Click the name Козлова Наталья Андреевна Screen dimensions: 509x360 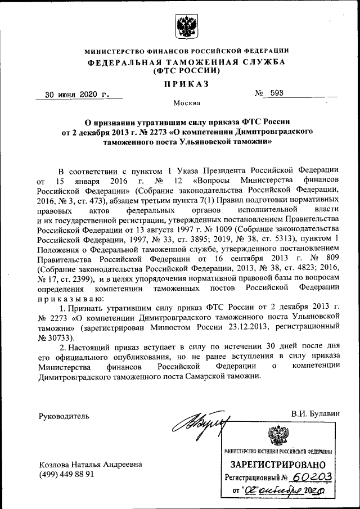coord(89,464)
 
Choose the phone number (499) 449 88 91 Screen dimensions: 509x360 coord(66,474)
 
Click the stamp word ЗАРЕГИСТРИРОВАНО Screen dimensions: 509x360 coord(278,465)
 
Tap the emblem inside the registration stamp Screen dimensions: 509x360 coord(277,436)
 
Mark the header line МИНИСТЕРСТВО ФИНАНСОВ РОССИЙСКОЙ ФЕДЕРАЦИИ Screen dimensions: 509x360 coord(187,51)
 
